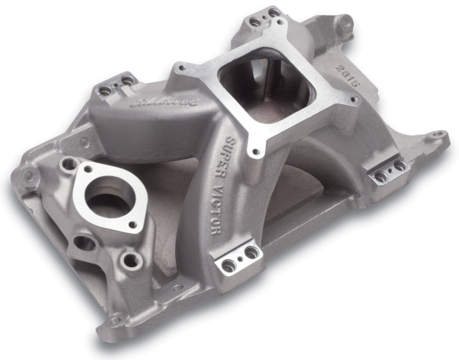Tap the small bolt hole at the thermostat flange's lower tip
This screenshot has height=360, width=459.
[x=133, y=224]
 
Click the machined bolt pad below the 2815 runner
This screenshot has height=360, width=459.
[x=391, y=169]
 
